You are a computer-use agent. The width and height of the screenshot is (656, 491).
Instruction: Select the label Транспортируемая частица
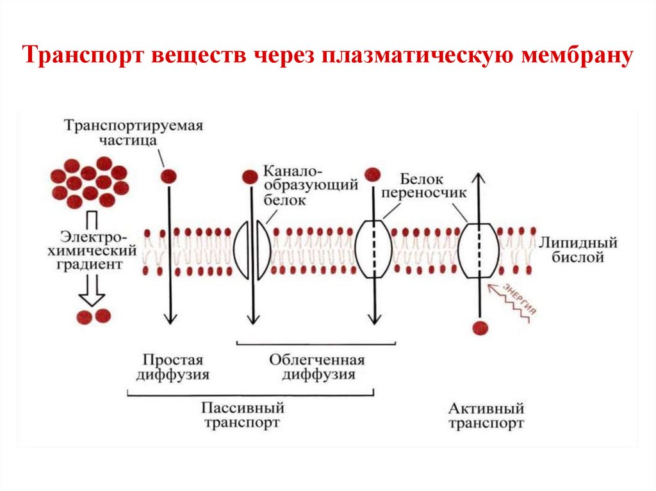133,132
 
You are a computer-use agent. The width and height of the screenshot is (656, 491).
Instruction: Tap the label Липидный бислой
578,250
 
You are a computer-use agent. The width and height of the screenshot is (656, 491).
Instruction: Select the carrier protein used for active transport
477,250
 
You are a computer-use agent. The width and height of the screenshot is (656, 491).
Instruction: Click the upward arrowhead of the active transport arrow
477,176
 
